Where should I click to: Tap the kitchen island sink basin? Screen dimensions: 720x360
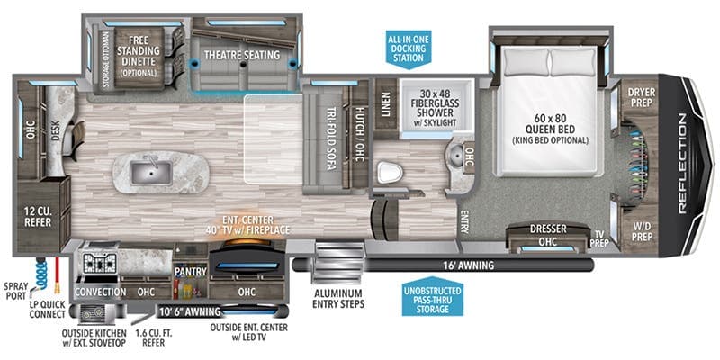151,173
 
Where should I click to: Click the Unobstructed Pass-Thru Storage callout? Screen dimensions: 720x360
433,296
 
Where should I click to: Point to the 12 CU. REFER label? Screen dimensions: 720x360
38,217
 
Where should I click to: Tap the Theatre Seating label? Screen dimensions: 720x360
241,55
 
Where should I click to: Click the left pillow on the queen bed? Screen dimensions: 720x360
526,62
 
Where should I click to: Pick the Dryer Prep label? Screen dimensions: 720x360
642,97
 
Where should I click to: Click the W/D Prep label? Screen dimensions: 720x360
641,231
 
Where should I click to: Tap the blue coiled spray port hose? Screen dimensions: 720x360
40,274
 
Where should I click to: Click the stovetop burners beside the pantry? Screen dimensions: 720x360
98,263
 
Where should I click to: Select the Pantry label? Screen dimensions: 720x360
190,272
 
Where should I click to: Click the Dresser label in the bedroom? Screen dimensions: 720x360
548,229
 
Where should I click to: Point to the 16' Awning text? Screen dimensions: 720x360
468,265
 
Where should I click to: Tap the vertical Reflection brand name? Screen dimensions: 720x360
682,164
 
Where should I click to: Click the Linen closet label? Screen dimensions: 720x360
385,104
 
